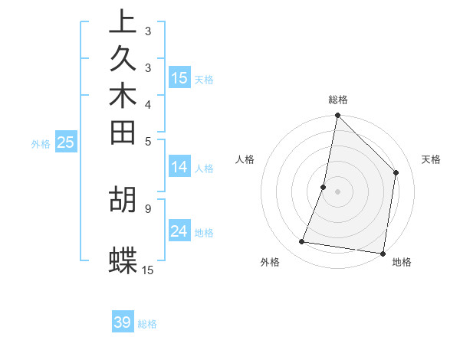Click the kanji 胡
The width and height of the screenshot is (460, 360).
pyautogui.click(x=123, y=199)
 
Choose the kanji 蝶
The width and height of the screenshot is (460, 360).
pyautogui.click(x=123, y=260)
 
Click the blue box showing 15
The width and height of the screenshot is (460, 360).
pyautogui.click(x=179, y=77)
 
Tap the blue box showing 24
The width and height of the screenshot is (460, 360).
pyautogui.click(x=179, y=231)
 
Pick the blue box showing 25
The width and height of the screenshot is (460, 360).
pyautogui.click(x=65, y=142)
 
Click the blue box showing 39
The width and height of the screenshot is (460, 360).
pyautogui.click(x=123, y=322)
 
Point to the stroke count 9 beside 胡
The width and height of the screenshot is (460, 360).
pyautogui.click(x=148, y=207)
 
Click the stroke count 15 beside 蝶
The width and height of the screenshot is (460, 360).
pyautogui.click(x=148, y=270)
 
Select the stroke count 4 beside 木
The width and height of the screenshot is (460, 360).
pyautogui.click(x=148, y=104)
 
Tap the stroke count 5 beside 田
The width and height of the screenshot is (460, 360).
pyautogui.click(x=148, y=140)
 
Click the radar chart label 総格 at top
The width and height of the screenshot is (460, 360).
pyautogui.click(x=338, y=100)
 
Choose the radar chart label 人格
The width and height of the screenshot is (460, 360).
pyautogui.click(x=245, y=159)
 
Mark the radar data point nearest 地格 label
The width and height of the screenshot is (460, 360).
pyautogui.click(x=383, y=253)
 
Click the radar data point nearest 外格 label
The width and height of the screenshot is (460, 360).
pyautogui.click(x=302, y=242)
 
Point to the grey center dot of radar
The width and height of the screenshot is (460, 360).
pyautogui.click(x=337, y=191)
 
